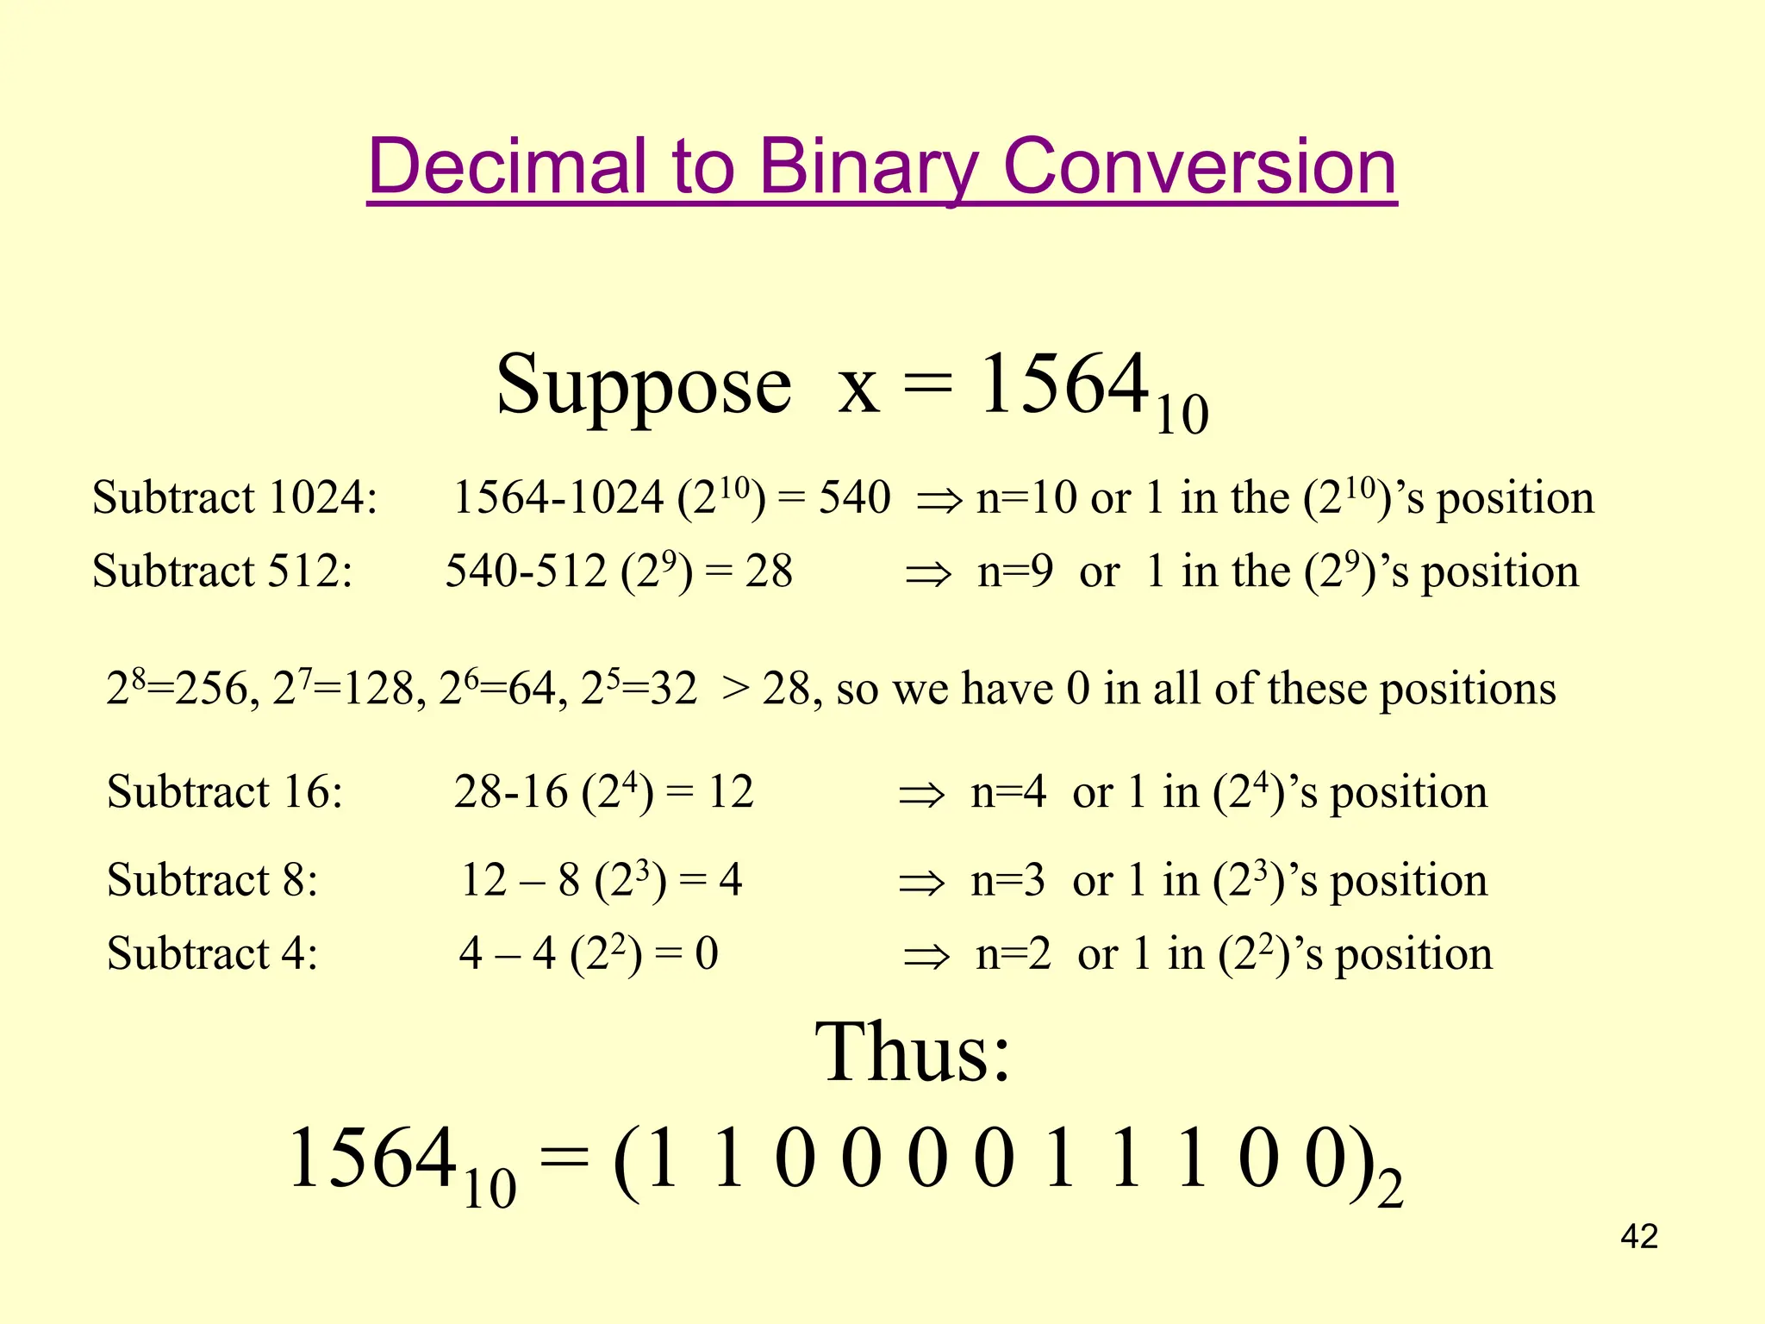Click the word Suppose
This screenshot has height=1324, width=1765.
click(x=643, y=385)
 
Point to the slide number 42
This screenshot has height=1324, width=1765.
click(x=1639, y=1237)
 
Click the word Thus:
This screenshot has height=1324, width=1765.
click(x=913, y=1053)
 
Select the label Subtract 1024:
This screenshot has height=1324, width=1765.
click(x=234, y=498)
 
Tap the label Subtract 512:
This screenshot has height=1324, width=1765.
click(x=222, y=571)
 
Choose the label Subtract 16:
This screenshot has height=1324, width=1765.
click(x=225, y=792)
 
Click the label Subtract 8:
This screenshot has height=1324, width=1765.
click(x=212, y=881)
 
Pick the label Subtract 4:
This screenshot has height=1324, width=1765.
click(x=212, y=954)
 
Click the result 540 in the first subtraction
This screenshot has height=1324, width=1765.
click(x=854, y=498)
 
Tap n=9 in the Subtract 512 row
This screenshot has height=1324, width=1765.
click(x=1014, y=571)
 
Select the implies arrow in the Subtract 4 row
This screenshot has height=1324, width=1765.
click(x=926, y=956)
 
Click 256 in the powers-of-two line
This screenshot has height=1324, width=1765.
click(x=212, y=690)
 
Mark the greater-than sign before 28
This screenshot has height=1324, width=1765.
click(x=735, y=690)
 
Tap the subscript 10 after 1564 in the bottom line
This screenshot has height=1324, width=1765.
click(x=490, y=1190)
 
